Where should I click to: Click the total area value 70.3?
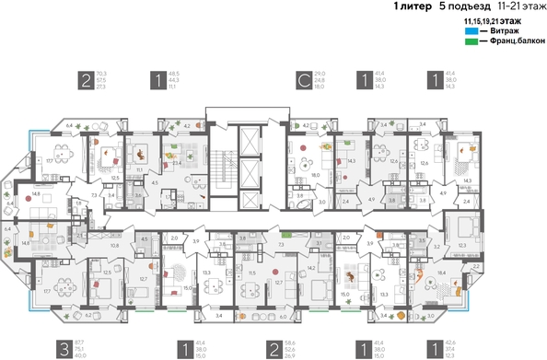point(101,74)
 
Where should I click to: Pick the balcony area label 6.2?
point(88,314)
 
